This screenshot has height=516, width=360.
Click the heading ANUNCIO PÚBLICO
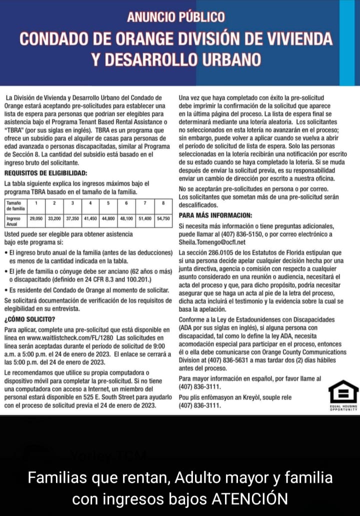175,17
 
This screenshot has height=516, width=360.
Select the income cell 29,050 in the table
36,218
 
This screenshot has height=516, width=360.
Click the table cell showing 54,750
163,218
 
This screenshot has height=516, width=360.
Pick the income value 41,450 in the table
90,218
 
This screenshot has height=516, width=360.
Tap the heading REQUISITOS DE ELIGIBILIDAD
45,173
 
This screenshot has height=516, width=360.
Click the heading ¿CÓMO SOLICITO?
29,319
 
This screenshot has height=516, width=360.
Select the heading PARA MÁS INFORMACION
215,215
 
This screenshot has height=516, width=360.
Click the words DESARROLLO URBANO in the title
176,59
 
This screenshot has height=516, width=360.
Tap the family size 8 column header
163,203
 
